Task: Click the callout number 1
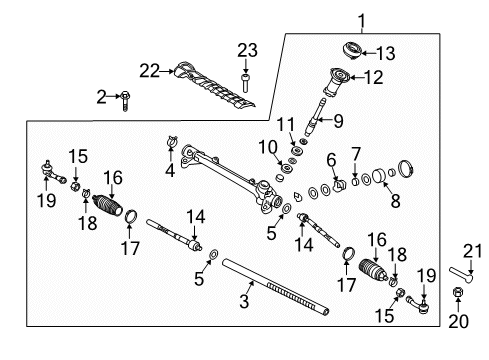pyautogui.click(x=362, y=21)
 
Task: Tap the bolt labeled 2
pyautogui.click(x=125, y=101)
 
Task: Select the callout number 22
pyautogui.click(x=150, y=71)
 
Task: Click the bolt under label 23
pyautogui.click(x=245, y=83)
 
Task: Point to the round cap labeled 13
pyautogui.click(x=352, y=51)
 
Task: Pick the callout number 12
pyautogui.click(x=374, y=78)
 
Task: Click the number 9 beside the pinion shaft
pyautogui.click(x=338, y=121)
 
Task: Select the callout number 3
pyautogui.click(x=244, y=301)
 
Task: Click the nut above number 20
pyautogui.click(x=458, y=292)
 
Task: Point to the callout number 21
pyautogui.click(x=473, y=251)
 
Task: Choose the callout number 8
pyautogui.click(x=395, y=201)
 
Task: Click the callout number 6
pyautogui.click(x=331, y=160)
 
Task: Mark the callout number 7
pyautogui.click(x=356, y=154)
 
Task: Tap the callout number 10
pyautogui.click(x=268, y=147)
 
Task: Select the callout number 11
pyautogui.click(x=286, y=125)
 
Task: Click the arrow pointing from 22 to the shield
pyautogui.click(x=167, y=71)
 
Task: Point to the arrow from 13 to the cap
pyautogui.click(x=369, y=53)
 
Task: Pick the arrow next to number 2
pyautogui.click(x=114, y=96)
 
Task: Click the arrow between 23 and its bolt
pyautogui.click(x=246, y=67)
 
